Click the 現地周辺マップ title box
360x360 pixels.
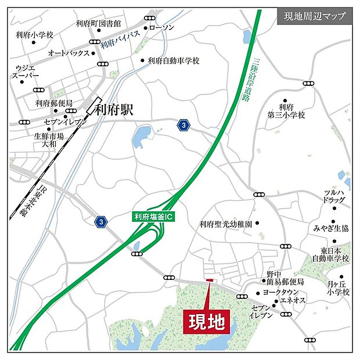314,16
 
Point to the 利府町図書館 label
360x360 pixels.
98,24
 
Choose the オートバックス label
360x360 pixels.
69,53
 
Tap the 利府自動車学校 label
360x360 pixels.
173,60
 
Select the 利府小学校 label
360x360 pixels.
35,35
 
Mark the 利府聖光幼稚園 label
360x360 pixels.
225,224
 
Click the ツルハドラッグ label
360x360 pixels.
336,196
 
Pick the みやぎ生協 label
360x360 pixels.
332,228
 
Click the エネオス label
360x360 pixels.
295,301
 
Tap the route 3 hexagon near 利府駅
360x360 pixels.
184,125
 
